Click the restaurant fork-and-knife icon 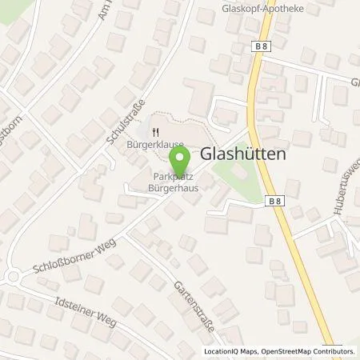pos(157,134)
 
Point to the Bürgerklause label pos(156,146)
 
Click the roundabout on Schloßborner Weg pos(12,277)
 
